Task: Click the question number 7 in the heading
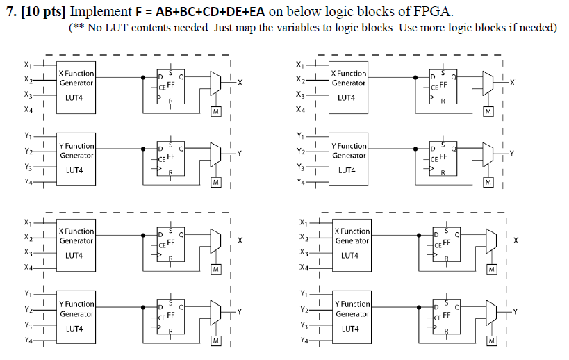(9, 12)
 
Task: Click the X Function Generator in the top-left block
(76, 88)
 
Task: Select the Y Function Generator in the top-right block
(348, 161)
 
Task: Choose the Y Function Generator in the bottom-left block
(76, 318)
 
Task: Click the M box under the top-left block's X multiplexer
(215, 111)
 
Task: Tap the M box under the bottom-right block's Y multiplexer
(492, 341)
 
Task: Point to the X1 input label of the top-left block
(26, 65)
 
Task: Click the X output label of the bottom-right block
(516, 240)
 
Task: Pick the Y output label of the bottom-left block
(239, 311)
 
